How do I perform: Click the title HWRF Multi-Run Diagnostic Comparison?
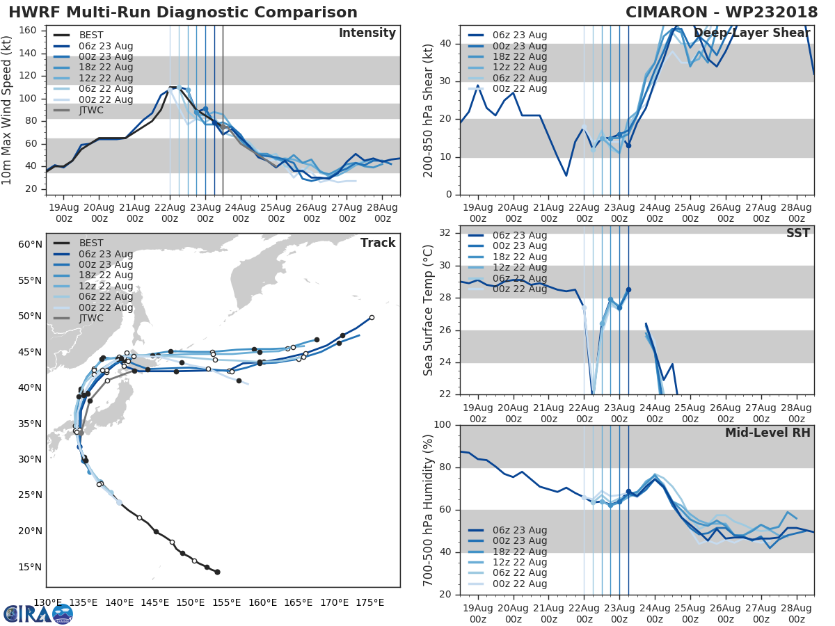coord(183,13)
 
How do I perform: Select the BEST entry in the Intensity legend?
coord(91,35)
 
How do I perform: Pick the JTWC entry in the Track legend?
coord(91,319)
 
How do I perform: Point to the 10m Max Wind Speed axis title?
coord(8,110)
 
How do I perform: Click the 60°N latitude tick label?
coord(30,244)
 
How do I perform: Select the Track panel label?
coord(377,243)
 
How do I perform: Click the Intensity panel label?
coord(367,33)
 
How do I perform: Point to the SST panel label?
coord(798,233)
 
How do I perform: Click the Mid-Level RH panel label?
coord(767,433)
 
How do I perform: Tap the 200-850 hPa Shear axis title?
coord(429,110)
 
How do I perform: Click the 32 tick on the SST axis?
coord(445,233)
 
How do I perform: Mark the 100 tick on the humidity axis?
coord(443,425)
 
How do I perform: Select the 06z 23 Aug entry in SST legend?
coord(519,235)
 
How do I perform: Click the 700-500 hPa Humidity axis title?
coord(429,509)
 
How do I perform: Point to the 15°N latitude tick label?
coord(30,567)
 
